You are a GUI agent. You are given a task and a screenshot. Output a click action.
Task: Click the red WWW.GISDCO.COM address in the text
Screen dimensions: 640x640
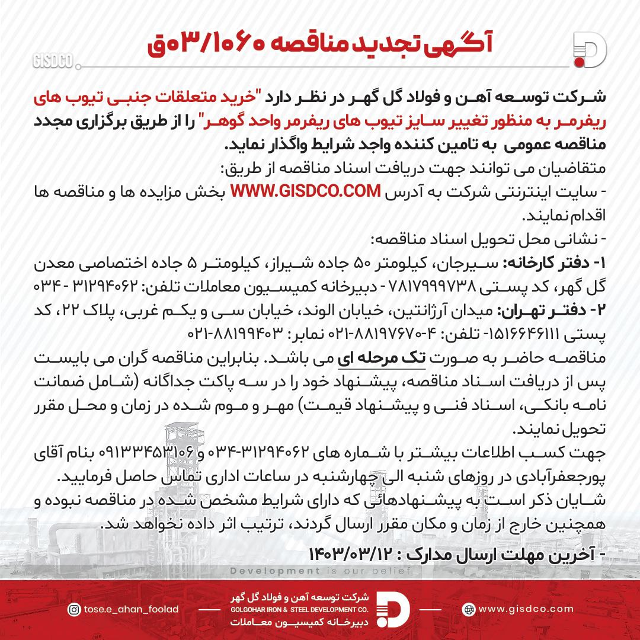(x=305, y=192)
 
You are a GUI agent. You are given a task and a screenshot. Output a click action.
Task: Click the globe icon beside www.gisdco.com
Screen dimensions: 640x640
(x=469, y=609)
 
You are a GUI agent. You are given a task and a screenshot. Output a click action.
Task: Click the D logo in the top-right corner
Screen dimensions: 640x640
(x=589, y=50)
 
